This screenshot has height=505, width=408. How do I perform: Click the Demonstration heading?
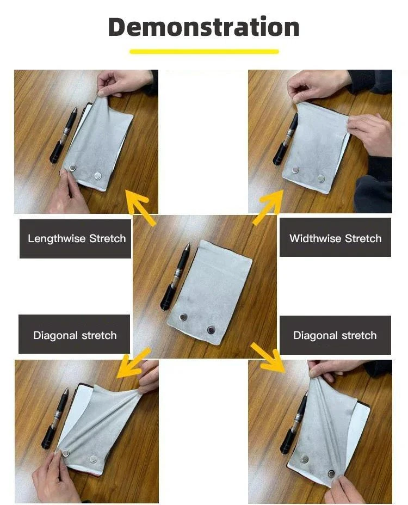click(x=204, y=27)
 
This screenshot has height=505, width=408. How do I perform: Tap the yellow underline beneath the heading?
click(x=204, y=52)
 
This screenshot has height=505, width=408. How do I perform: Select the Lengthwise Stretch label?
click(x=77, y=239)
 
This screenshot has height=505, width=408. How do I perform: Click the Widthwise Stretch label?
click(x=335, y=238)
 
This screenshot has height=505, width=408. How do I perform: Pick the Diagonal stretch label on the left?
click(x=75, y=335)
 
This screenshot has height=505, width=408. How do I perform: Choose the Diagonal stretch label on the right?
click(x=335, y=335)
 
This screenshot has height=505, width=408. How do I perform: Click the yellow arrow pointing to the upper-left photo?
click(x=139, y=207)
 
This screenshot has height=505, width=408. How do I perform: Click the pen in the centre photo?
click(x=175, y=277)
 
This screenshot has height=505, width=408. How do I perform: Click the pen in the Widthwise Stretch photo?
click(x=285, y=139)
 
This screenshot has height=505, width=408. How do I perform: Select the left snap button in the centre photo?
click(x=183, y=317)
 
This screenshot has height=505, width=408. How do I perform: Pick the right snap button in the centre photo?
click(x=211, y=330)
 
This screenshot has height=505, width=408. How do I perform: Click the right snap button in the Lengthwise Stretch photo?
click(x=98, y=176)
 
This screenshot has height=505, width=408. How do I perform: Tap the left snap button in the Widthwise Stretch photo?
click(x=295, y=170)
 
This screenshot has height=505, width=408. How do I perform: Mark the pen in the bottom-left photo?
click(x=55, y=418)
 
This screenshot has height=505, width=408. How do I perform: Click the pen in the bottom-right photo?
click(x=293, y=425)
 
